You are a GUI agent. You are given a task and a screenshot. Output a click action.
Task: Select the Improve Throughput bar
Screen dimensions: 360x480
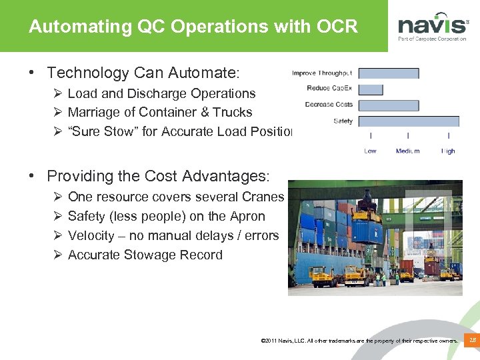(389, 73)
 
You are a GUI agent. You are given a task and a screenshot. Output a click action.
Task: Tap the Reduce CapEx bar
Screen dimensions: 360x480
(371, 89)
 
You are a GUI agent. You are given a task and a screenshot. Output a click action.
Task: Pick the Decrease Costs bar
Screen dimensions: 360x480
(389, 105)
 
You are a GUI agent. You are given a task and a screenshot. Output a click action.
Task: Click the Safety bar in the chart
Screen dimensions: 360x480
(409, 121)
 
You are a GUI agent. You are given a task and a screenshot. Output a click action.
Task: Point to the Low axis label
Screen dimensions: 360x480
(371, 151)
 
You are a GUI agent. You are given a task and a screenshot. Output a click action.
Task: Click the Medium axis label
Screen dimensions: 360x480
(407, 151)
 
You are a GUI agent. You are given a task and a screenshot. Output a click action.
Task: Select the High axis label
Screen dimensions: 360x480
(448, 151)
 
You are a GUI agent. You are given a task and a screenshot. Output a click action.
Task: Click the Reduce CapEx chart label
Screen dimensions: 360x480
(329, 89)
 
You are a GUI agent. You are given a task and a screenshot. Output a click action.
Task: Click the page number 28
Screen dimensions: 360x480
(472, 341)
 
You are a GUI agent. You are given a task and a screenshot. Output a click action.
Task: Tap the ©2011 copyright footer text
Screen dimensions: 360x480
(360, 341)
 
